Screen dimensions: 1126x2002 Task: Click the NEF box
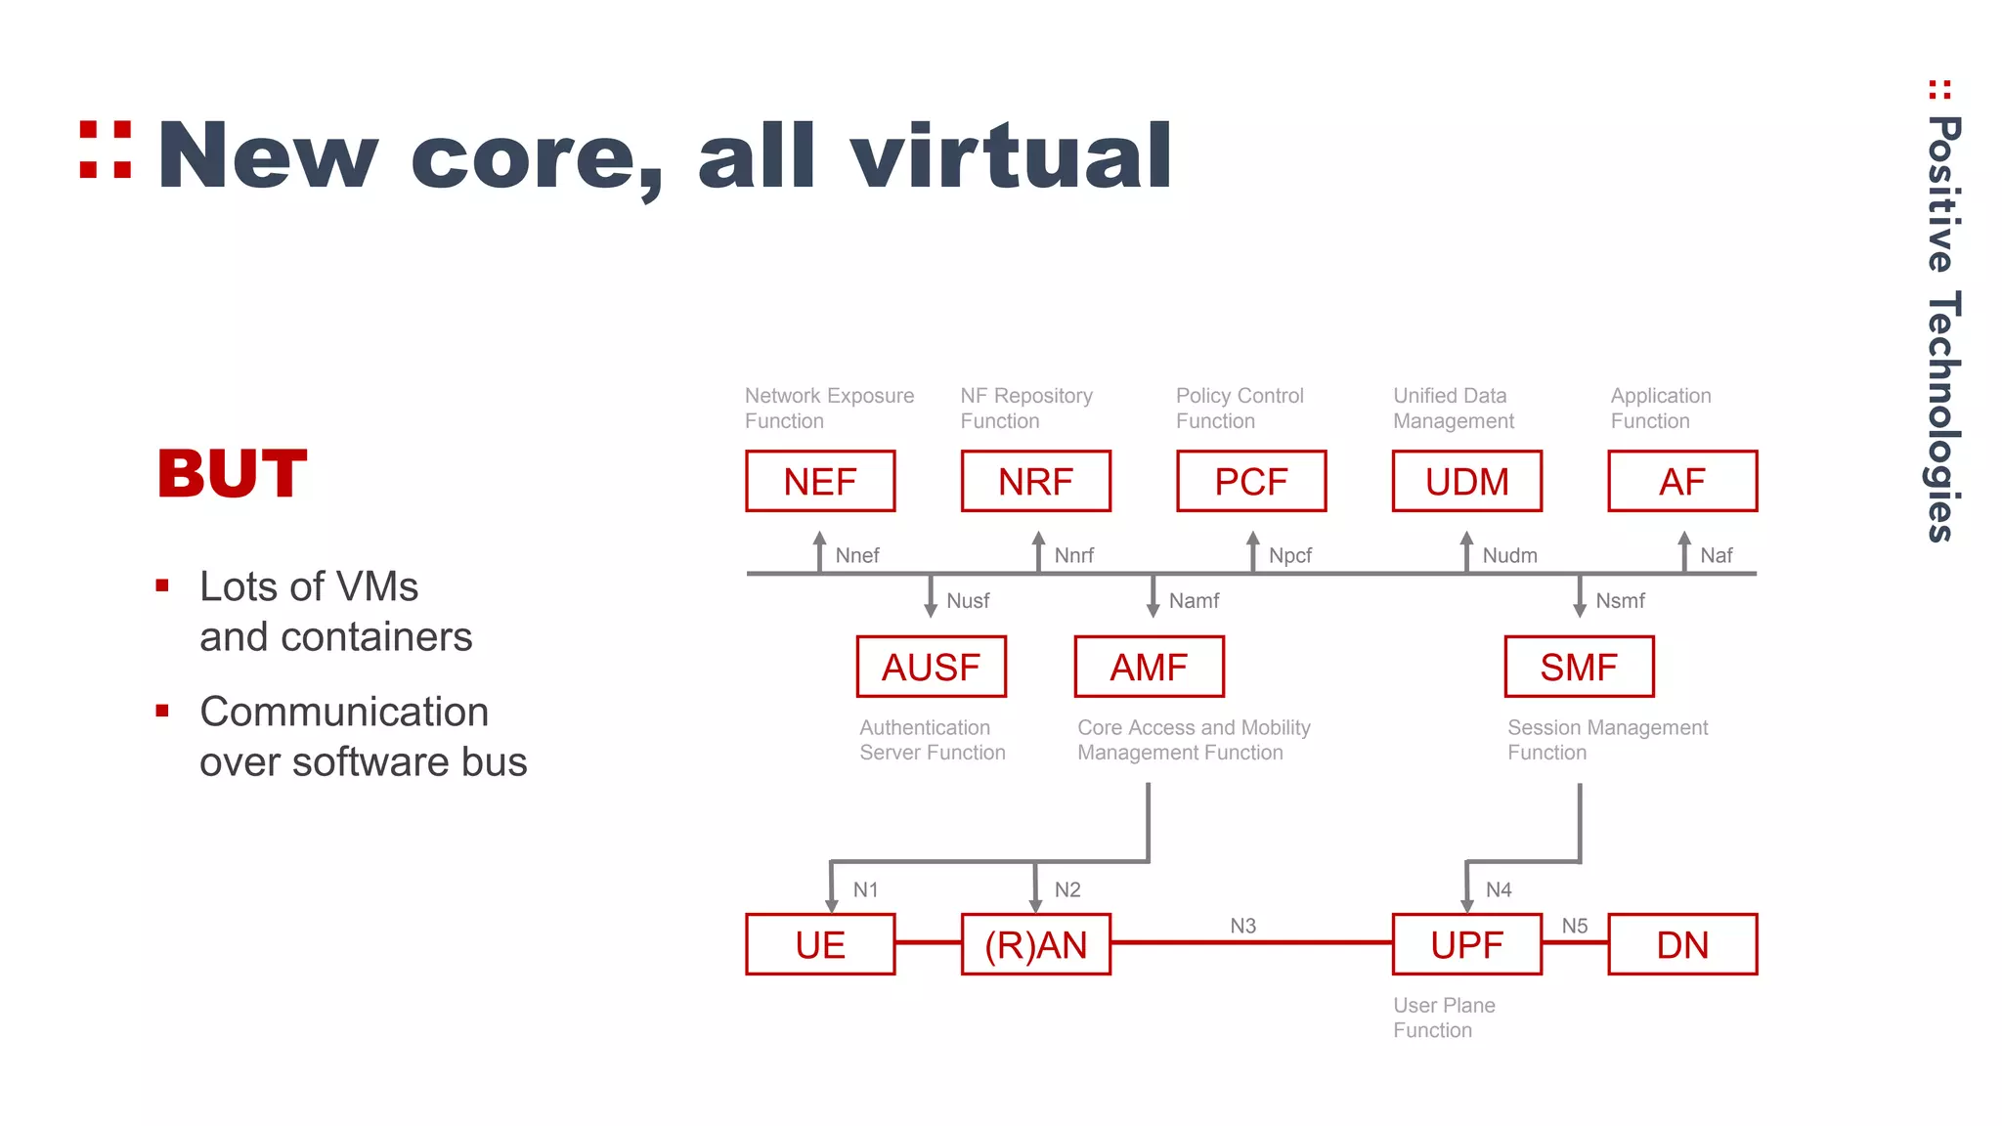pyautogui.click(x=820, y=481)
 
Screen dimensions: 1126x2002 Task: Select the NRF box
pyautogui.click(x=1035, y=481)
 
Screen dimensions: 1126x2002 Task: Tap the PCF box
pyautogui.click(x=1251, y=481)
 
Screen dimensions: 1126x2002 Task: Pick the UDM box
pyautogui.click(x=1466, y=481)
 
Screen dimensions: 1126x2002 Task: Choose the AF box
pyautogui.click(x=1682, y=481)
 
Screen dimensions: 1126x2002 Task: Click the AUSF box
pyautogui.click(x=931, y=667)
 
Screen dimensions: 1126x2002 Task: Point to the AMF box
pyautogui.click(x=1149, y=667)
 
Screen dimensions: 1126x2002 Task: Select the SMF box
pyautogui.click(x=1579, y=667)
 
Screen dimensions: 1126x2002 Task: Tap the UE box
pyautogui.click(x=820, y=944)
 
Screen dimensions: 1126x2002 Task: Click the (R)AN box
pyautogui.click(x=1035, y=944)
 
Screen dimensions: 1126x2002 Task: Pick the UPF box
pyautogui.click(x=1466, y=944)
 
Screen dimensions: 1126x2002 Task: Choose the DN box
pyautogui.click(x=1682, y=944)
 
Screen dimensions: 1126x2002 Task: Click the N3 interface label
pyautogui.click(x=1242, y=926)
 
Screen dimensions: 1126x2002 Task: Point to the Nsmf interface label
pyautogui.click(x=1620, y=601)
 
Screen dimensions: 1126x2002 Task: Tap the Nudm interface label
pyautogui.click(x=1509, y=556)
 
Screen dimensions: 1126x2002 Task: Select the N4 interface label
pyautogui.click(x=1499, y=889)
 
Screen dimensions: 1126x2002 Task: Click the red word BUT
pyautogui.click(x=233, y=474)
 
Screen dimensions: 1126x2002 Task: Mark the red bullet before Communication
pyautogui.click(x=162, y=711)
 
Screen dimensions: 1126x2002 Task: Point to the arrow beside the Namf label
pyautogui.click(x=1153, y=596)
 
